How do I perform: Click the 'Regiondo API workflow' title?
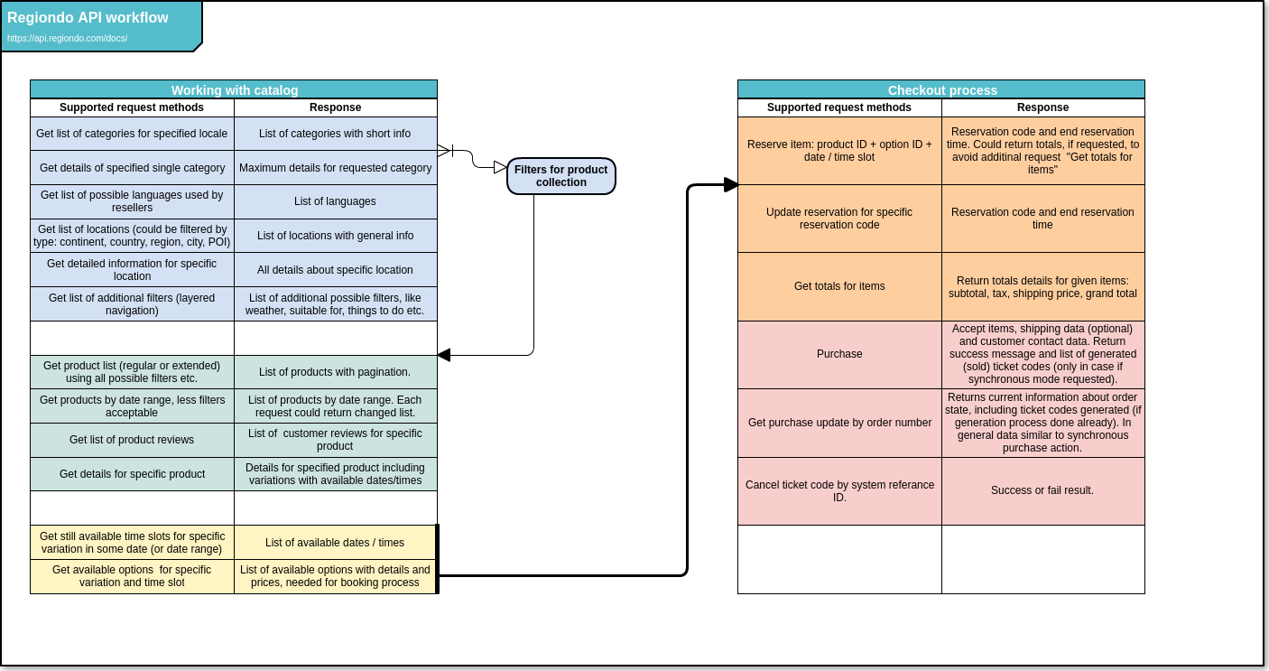click(88, 17)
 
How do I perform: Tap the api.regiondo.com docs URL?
click(68, 39)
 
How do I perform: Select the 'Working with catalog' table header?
click(234, 89)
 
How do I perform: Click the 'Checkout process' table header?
click(941, 89)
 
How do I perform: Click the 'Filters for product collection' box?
click(560, 176)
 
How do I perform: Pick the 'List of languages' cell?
click(336, 201)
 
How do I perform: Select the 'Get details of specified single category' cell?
click(132, 168)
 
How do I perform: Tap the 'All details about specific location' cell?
click(336, 270)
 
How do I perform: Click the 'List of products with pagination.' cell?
click(336, 372)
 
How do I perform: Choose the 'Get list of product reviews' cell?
click(132, 441)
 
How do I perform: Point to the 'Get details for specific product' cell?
click(132, 474)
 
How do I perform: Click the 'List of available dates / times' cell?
click(336, 543)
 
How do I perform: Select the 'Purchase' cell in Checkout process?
click(839, 355)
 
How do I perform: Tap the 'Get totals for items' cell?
click(839, 287)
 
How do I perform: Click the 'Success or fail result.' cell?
click(1043, 491)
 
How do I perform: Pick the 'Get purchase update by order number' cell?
click(839, 424)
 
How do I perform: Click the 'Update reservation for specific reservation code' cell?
click(839, 219)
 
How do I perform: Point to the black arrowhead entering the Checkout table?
click(731, 185)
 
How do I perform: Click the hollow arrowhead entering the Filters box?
click(500, 167)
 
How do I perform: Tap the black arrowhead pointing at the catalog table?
click(443, 355)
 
